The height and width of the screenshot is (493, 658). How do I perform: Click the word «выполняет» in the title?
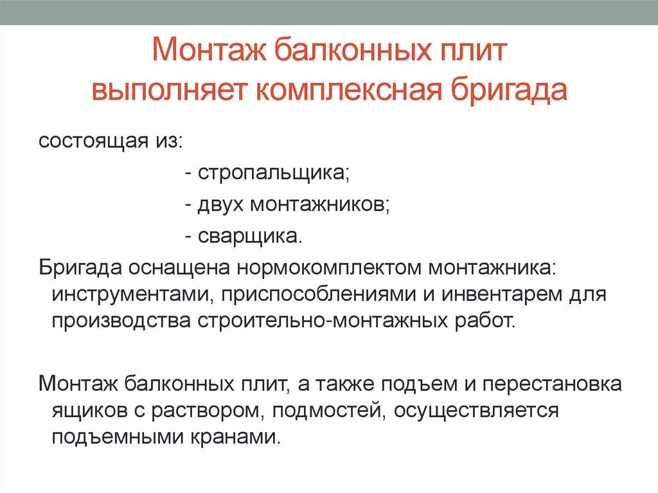tap(168, 89)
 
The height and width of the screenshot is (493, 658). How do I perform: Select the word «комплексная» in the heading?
tap(348, 89)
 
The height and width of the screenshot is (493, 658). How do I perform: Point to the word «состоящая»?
tap(94, 141)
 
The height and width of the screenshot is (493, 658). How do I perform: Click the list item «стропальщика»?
tap(273, 173)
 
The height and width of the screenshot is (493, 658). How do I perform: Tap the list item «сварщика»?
tap(249, 237)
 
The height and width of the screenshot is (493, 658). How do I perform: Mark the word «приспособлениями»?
tap(319, 294)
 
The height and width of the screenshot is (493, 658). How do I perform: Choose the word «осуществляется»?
tap(476, 410)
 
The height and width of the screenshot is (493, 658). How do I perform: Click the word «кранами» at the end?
tap(235, 436)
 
